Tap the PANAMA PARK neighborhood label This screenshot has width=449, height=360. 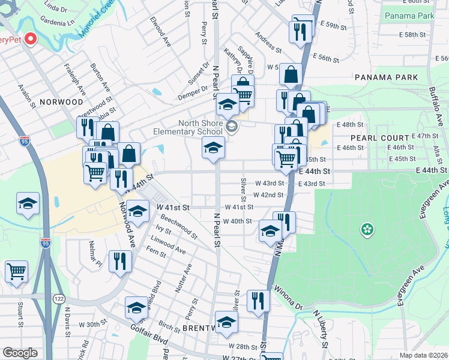[x=386, y=77]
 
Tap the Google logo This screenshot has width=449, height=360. [x=20, y=353]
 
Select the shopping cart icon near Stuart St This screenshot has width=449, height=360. [x=16, y=271]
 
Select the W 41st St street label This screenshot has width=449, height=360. [x=173, y=208]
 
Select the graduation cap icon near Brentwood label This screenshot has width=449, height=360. [x=226, y=323]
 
